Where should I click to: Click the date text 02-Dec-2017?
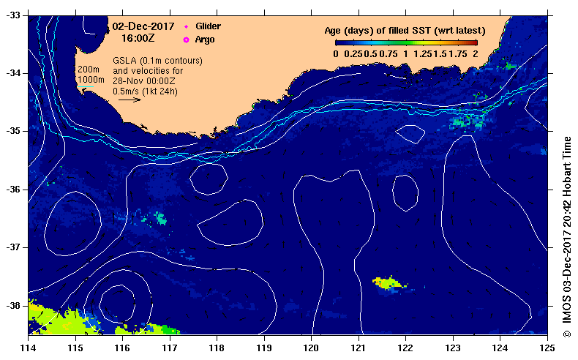pyautogui.click(x=143, y=26)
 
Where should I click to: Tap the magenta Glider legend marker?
pyautogui.click(x=186, y=26)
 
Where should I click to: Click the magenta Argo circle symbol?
pyautogui.click(x=186, y=39)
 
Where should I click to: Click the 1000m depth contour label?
pyautogui.click(x=91, y=79)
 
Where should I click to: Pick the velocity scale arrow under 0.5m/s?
pyautogui.click(x=130, y=100)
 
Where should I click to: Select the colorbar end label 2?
pyautogui.click(x=476, y=53)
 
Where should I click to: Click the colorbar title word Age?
pyautogui.click(x=335, y=31)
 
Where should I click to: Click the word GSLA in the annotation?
pyautogui.click(x=125, y=60)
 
